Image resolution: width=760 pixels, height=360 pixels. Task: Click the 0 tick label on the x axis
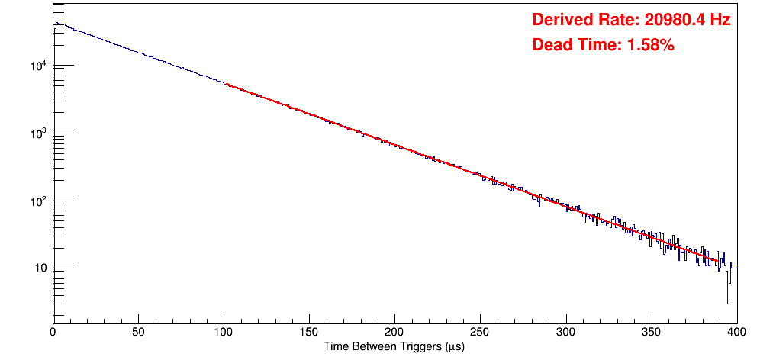point(53,333)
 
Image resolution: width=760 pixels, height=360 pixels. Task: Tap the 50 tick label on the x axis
point(138,333)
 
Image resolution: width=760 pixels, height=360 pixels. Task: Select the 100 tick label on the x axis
point(224,333)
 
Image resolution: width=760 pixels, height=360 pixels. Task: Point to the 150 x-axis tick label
point(309,333)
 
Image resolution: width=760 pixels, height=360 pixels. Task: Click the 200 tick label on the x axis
point(394,333)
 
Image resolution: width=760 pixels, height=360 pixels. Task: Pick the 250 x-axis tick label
point(480,333)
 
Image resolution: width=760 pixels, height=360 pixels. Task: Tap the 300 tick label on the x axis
point(565,333)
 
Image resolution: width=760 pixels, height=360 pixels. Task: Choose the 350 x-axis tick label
point(651,333)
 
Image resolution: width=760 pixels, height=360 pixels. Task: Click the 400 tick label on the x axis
point(736,333)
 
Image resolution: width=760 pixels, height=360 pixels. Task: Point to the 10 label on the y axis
point(40,268)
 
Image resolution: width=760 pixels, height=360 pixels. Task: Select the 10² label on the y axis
point(39,201)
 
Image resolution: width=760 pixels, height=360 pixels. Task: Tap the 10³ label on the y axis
point(39,133)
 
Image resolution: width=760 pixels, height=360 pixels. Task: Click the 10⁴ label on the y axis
point(39,66)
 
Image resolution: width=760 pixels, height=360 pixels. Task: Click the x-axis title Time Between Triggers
point(394,347)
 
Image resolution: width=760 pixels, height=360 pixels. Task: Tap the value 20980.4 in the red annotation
point(670,20)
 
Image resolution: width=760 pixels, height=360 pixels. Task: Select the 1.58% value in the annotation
point(650,45)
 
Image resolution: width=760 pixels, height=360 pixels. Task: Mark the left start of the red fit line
point(226,84)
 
